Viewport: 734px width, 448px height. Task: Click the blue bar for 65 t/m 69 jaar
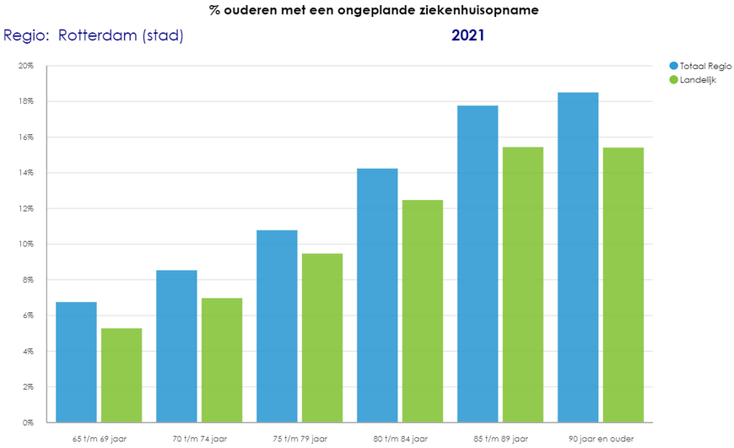(76, 362)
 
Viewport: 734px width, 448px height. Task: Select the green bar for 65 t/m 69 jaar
(121, 375)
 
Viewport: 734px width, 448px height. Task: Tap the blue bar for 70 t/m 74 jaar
(176, 346)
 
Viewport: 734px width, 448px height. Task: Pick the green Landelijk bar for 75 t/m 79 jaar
(322, 337)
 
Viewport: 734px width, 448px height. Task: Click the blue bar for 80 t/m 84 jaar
(377, 295)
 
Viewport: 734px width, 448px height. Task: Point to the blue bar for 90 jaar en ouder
(578, 257)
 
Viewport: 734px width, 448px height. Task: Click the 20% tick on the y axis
(26, 66)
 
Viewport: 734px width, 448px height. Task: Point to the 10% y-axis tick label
(26, 244)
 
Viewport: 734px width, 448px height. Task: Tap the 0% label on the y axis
(28, 422)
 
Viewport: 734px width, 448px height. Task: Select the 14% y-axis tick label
(26, 173)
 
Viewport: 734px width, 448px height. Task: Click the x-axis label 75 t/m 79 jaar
(300, 439)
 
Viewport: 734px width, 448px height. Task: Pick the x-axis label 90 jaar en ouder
(601, 439)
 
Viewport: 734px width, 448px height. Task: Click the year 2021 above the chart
(467, 35)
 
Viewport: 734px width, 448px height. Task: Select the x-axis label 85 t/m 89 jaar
(500, 439)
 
